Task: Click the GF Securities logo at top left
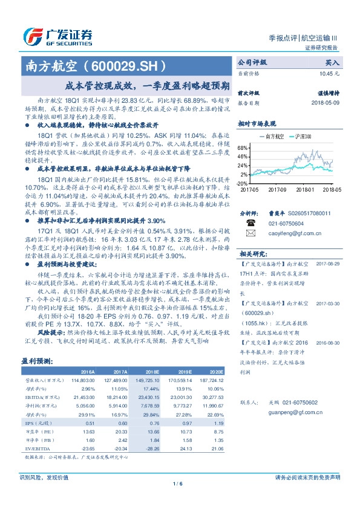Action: tap(57, 36)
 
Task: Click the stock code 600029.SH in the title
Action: tap(130, 65)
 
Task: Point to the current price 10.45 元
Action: tap(329, 73)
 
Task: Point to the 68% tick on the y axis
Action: tap(243, 148)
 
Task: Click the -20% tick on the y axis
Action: tap(241, 183)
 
